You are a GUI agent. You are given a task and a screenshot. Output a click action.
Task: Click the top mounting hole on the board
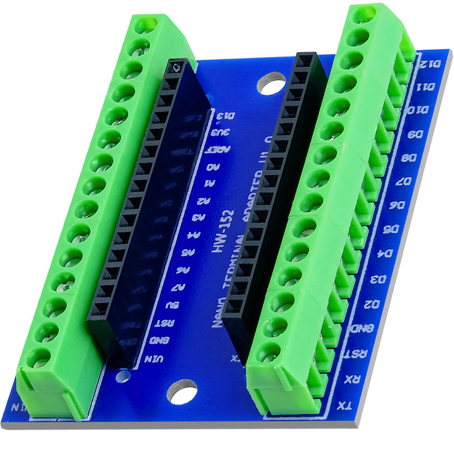(x=271, y=83)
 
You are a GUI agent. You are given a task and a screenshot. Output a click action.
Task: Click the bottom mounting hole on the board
(x=182, y=391)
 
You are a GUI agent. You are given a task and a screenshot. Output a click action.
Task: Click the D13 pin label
(x=224, y=117)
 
